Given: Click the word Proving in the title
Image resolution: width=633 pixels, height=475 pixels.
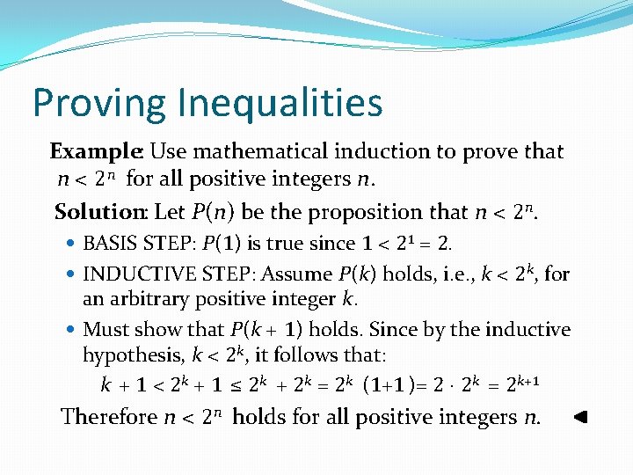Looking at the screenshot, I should pos(99,103).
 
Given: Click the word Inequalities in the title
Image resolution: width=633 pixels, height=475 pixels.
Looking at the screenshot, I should pos(280,103).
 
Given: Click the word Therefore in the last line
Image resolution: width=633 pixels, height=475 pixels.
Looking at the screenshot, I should pos(108,416).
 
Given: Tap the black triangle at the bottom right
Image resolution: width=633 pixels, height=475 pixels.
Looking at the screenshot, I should pos(579,416).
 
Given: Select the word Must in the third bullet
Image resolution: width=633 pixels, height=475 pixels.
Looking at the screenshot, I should pos(103,330).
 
